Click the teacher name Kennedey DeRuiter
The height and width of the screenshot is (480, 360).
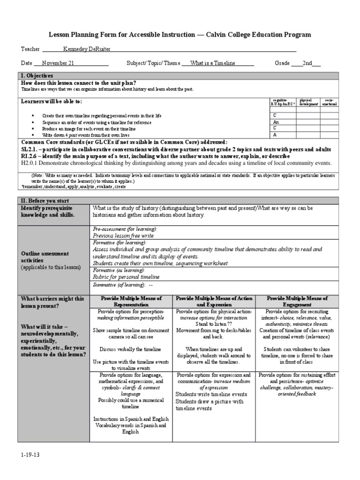pos(87,49)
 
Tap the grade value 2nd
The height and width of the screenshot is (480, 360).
pos(307,63)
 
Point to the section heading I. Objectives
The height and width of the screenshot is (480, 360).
pos(37,75)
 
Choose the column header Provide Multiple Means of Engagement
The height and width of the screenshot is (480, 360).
pos(297,301)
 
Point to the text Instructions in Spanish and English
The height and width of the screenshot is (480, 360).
pos(131,419)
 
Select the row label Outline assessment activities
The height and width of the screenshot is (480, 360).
pos(45,257)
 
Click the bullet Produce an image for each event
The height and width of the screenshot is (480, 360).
pos(89,128)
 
